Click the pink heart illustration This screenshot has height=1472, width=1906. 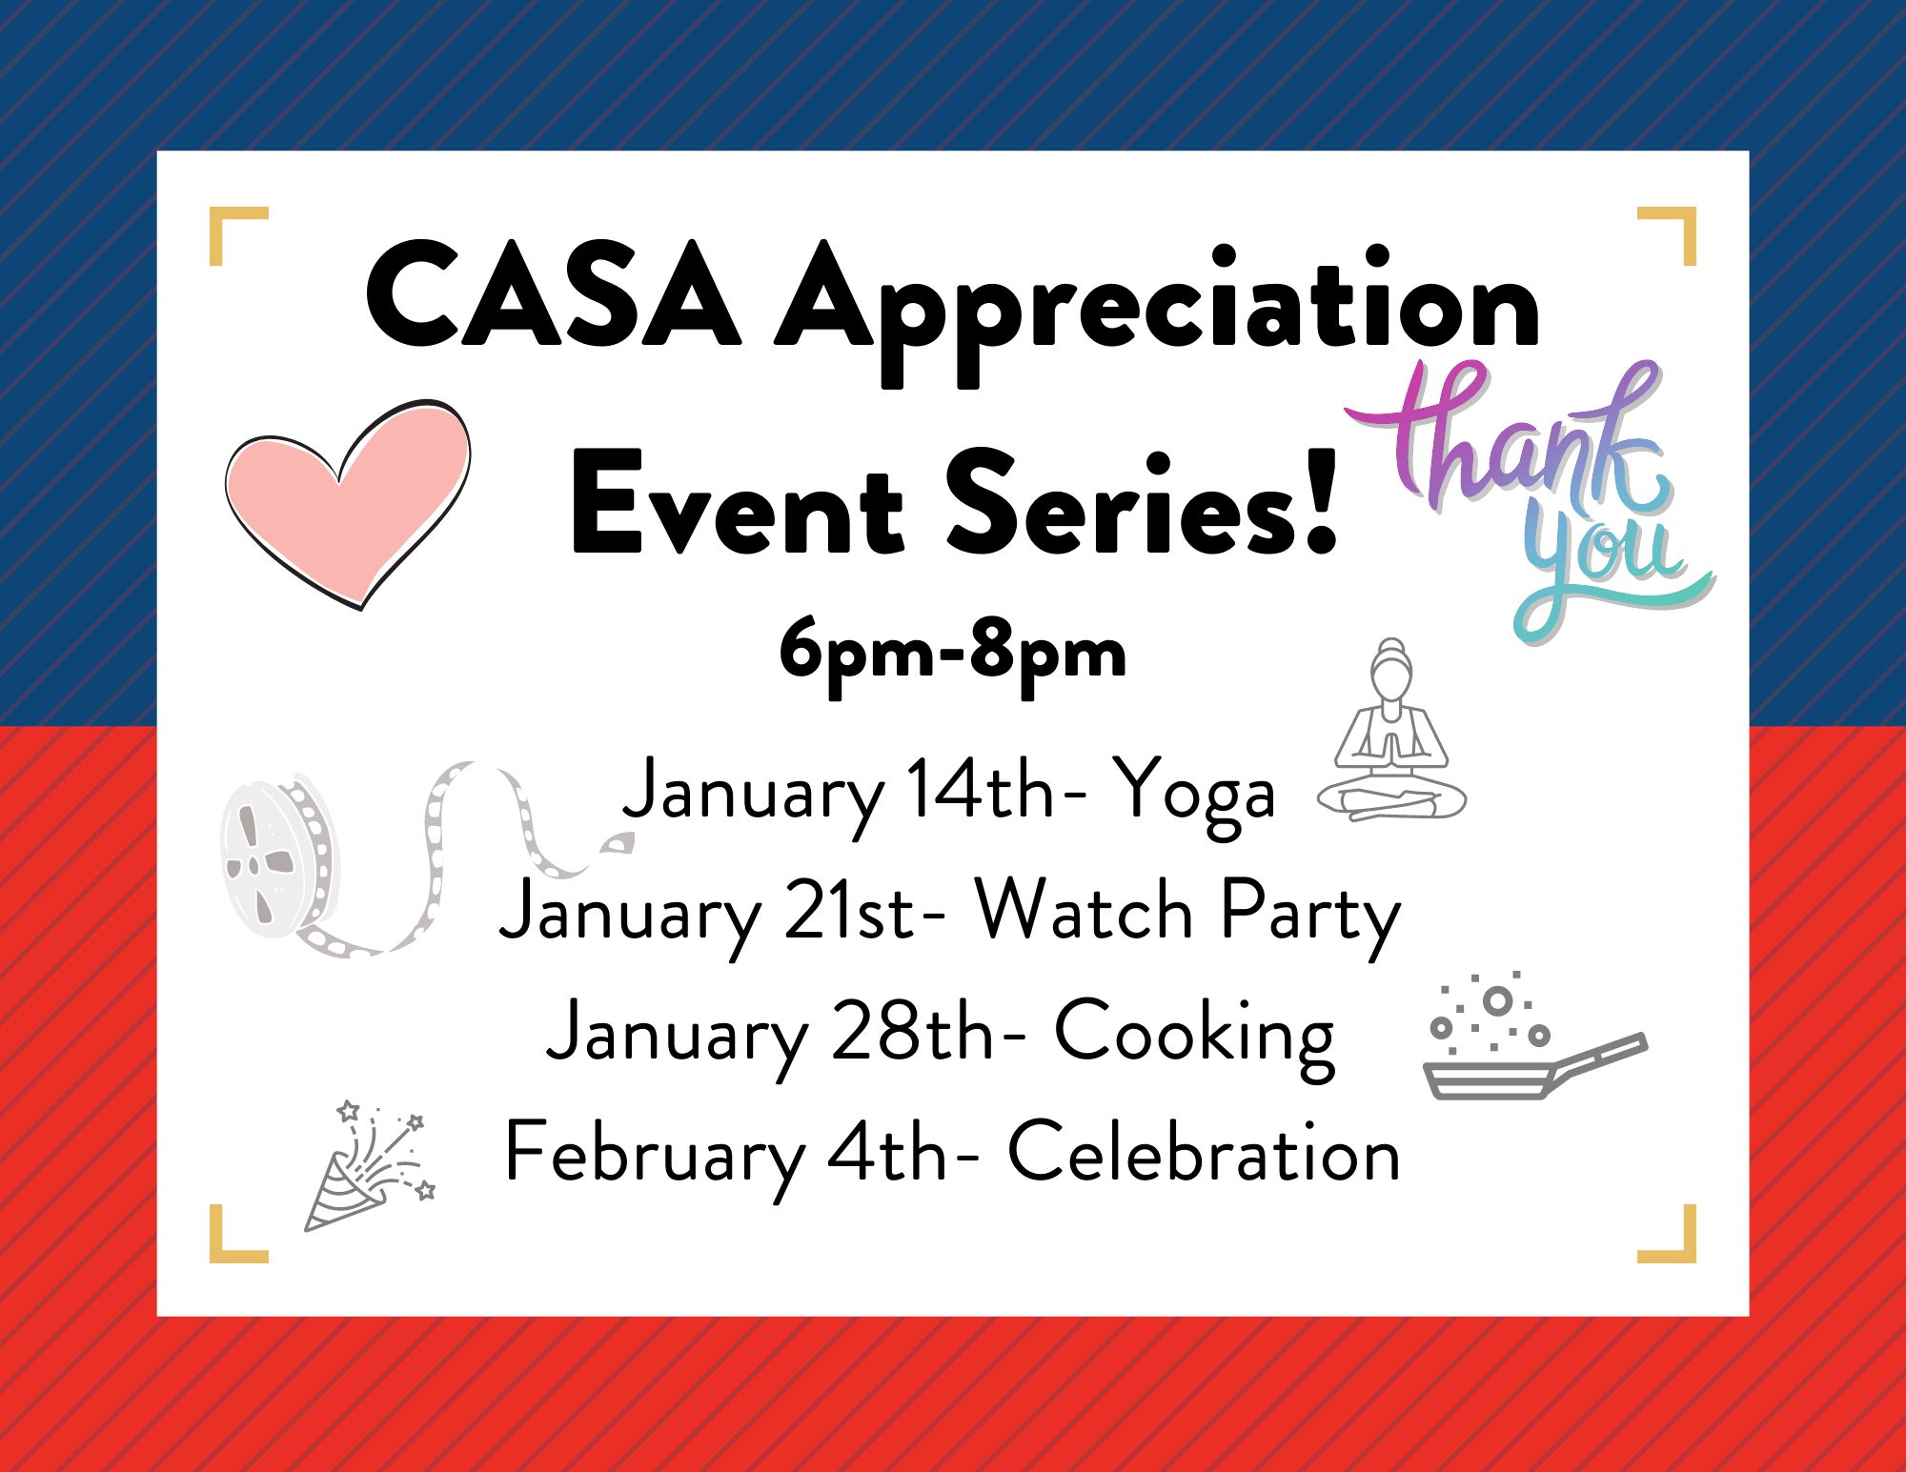coord(348,500)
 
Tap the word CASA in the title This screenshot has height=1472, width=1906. coord(554,295)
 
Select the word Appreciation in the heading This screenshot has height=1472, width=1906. coord(1158,314)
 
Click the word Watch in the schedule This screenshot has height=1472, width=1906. coord(1085,910)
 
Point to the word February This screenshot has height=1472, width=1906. coord(656,1158)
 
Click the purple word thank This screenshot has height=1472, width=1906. coord(1506,438)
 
